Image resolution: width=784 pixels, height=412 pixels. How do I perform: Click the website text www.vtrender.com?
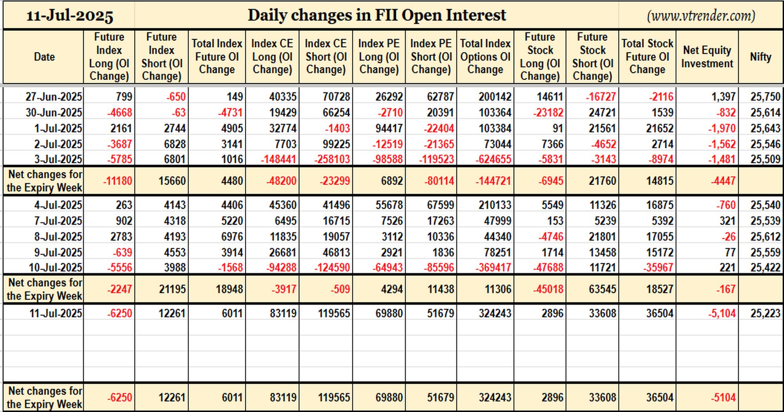701,16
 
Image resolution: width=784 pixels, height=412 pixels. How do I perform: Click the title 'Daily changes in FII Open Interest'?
377,15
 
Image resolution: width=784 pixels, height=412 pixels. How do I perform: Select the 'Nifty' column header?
760,57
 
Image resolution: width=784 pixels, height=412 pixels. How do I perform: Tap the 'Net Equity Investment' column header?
707,57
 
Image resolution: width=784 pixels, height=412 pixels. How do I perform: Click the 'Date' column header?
44,57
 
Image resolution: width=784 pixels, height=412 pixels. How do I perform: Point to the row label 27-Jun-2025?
54,97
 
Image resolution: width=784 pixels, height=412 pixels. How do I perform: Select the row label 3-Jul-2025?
58,159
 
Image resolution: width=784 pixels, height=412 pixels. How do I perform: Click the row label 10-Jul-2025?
55,268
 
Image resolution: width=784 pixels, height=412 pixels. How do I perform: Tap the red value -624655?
493,159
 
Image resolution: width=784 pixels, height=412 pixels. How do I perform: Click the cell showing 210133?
495,205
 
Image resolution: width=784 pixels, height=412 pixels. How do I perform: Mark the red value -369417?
493,268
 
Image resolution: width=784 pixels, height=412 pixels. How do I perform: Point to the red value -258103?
332,159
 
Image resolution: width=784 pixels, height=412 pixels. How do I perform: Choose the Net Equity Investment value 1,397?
723,97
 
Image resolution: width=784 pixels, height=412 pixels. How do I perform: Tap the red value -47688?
548,268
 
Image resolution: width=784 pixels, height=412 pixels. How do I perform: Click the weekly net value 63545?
603,289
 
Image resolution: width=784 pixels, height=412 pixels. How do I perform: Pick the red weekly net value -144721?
493,181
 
